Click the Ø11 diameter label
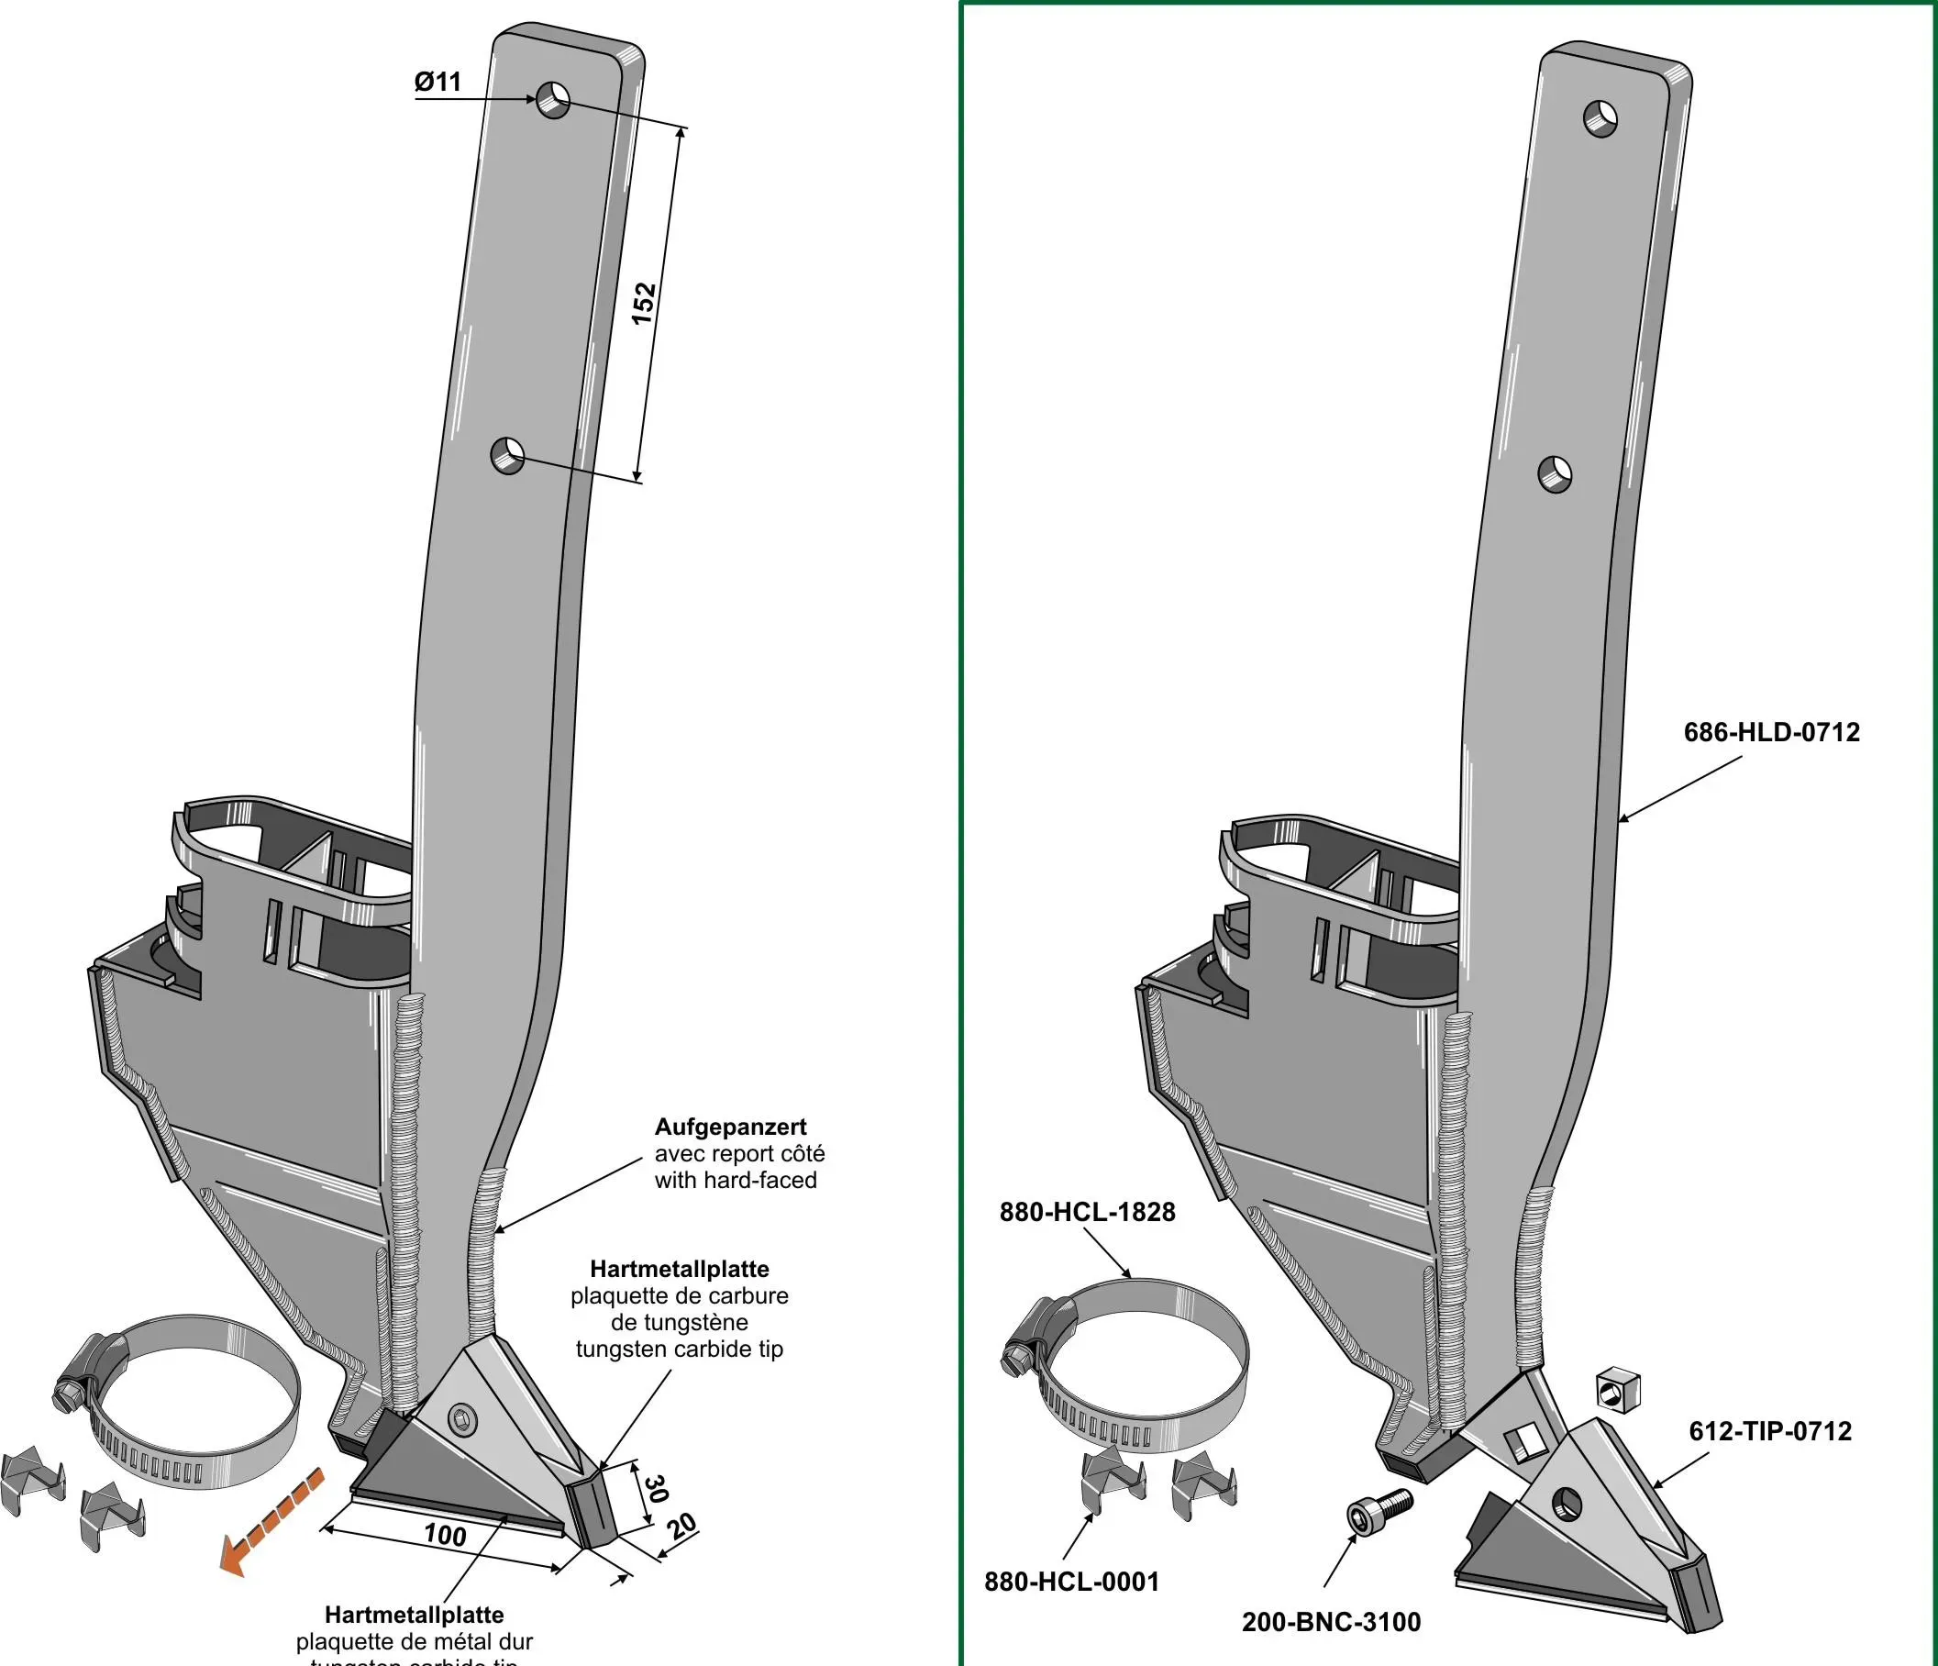point(437,83)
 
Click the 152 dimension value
point(645,302)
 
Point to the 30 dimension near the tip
point(657,1488)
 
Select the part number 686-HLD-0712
point(1771,731)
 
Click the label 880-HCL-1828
point(1087,1211)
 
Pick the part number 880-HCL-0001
point(1072,1582)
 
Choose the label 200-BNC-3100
point(1331,1621)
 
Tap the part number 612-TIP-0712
point(1769,1431)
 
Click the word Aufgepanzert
point(730,1127)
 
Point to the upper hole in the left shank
point(554,98)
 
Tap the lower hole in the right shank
point(1556,474)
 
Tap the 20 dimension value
point(682,1527)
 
